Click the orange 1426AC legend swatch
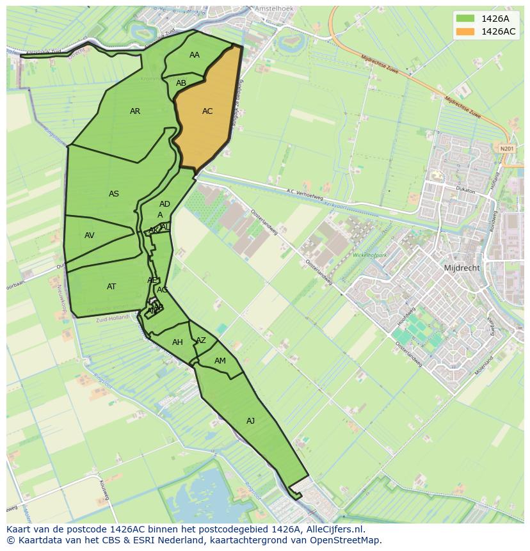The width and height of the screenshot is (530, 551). coord(465,31)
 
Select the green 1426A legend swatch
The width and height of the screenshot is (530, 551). coord(465,18)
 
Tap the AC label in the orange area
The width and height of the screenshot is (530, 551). coord(207,111)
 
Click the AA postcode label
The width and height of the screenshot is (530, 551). coord(195,55)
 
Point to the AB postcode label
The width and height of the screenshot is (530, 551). coord(181,83)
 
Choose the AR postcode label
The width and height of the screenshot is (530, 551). coord(135,111)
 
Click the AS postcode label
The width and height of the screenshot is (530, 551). coord(114,194)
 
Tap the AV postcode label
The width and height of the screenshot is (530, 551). coord(90,236)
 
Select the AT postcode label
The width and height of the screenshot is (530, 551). coord(111,287)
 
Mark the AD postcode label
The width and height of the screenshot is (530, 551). coord(165,204)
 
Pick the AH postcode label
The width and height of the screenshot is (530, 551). coord(177,342)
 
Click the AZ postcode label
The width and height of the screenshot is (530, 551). coord(201,340)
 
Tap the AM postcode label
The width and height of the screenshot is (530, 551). coord(220,361)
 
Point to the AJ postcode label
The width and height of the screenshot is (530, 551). coord(250,420)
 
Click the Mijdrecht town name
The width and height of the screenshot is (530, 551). coord(462,268)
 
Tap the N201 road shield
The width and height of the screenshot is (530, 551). coord(507,148)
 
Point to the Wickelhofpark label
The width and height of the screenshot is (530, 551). coord(371,255)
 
